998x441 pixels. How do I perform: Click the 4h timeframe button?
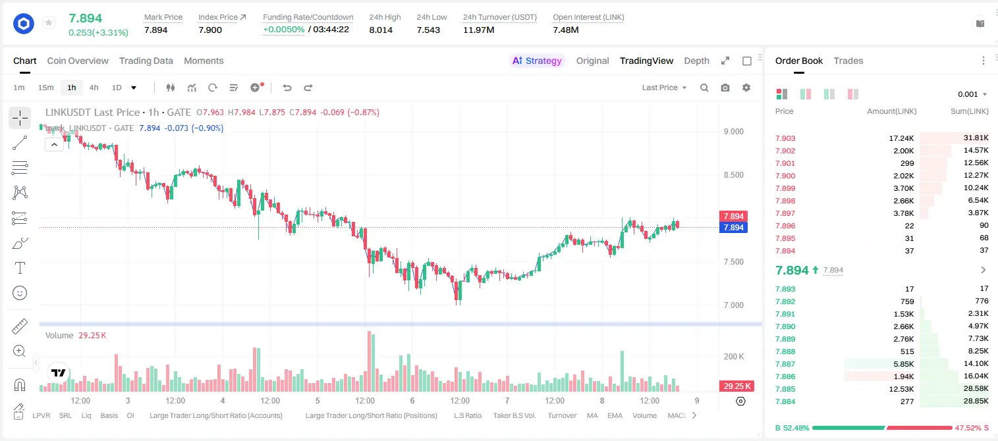tap(94, 88)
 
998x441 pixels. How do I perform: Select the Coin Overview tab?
tap(78, 61)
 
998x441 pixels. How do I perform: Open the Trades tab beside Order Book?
tap(848, 61)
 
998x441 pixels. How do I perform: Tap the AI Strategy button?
tap(537, 61)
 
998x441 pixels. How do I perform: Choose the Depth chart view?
tap(696, 61)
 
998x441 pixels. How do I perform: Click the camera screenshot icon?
tap(725, 88)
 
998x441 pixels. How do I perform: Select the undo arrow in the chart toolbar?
tap(287, 88)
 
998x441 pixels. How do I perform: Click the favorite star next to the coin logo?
tap(49, 22)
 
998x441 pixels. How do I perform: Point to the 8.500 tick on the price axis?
tap(733, 175)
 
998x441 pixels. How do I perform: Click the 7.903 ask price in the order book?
tap(785, 138)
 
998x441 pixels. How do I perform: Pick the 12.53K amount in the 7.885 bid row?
tap(901, 389)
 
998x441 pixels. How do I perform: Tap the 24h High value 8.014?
tap(381, 30)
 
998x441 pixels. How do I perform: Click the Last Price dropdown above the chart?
tap(664, 88)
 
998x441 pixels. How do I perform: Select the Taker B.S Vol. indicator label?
tap(514, 415)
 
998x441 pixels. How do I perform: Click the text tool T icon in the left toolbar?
tap(20, 268)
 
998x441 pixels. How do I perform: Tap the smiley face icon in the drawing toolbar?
tap(20, 293)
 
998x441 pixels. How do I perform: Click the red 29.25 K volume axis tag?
tap(736, 386)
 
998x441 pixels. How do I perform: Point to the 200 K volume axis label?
tap(734, 357)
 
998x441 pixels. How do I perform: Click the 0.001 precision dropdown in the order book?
tap(972, 94)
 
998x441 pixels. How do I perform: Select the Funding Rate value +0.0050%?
tap(284, 30)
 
